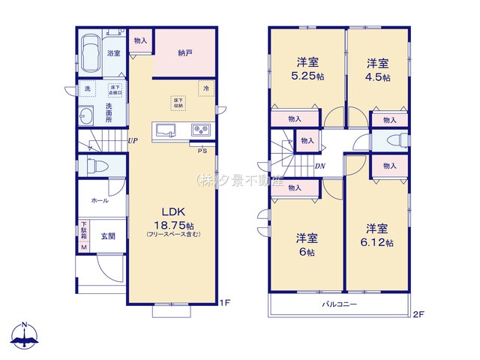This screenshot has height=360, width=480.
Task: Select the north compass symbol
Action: pos(25,335)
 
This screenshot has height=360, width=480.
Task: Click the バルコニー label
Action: pos(340,304)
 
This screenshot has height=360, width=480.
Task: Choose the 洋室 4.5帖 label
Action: pos(377,68)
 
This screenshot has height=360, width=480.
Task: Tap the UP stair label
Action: pos(132,141)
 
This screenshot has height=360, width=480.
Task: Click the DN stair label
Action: pos(319,166)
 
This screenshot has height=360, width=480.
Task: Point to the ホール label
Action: pos(99,201)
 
